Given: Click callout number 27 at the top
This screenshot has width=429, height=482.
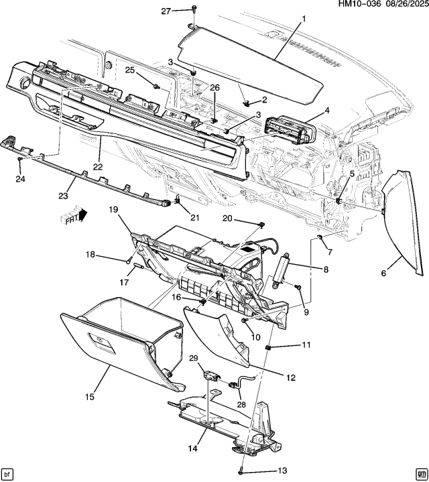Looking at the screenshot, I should tap(166, 11).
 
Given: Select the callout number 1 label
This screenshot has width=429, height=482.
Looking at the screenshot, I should tap(303, 18).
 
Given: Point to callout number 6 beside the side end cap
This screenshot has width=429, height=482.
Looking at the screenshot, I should tap(384, 273).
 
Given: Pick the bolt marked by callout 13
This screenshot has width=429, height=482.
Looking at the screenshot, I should tap(241, 471).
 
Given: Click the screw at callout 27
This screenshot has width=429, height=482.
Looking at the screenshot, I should tap(193, 9).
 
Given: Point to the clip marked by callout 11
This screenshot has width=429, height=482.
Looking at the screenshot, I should tap(268, 347).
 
